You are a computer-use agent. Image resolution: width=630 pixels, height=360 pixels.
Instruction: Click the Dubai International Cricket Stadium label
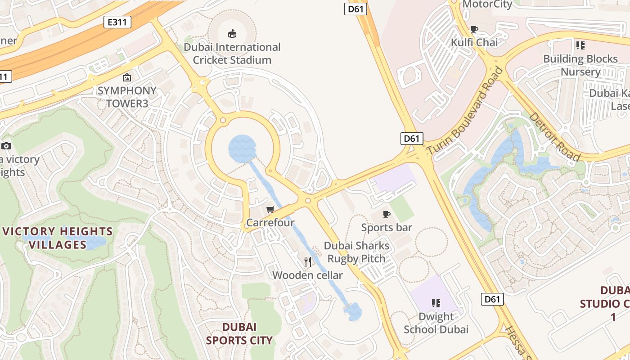point(232,54)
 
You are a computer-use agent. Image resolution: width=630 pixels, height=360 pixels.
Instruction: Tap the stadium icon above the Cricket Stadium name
point(232,33)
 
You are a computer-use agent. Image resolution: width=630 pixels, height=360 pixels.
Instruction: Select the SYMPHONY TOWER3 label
point(127,97)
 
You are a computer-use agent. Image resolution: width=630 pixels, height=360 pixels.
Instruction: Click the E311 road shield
point(117,22)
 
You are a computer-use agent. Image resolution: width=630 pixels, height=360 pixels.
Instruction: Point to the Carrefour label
point(270,222)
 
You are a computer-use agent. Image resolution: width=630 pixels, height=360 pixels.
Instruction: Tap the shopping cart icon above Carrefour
point(270,209)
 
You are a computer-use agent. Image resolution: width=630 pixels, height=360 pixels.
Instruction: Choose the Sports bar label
point(387,227)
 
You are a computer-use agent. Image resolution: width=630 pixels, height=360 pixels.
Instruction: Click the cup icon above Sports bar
point(386,214)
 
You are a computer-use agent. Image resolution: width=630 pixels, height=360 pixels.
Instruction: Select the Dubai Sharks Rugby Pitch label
point(356,252)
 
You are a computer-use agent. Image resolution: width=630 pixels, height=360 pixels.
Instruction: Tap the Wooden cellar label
point(307,275)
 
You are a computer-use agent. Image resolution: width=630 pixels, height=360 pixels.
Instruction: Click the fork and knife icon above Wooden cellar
point(308,261)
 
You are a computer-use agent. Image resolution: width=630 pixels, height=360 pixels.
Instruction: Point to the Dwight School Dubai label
point(436,323)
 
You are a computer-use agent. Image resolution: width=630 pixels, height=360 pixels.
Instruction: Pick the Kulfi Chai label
point(474,42)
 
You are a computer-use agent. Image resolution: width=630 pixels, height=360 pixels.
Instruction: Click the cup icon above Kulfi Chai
point(474,29)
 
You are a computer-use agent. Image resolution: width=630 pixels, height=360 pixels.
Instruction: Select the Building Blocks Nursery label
point(580,65)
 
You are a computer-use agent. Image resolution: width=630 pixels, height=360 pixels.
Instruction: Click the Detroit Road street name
point(554,136)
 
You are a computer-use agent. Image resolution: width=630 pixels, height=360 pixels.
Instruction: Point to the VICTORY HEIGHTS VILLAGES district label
point(58,238)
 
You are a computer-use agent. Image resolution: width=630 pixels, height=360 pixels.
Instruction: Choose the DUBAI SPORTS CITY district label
point(239,333)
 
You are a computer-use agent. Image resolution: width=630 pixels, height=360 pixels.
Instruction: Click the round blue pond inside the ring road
point(242,148)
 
